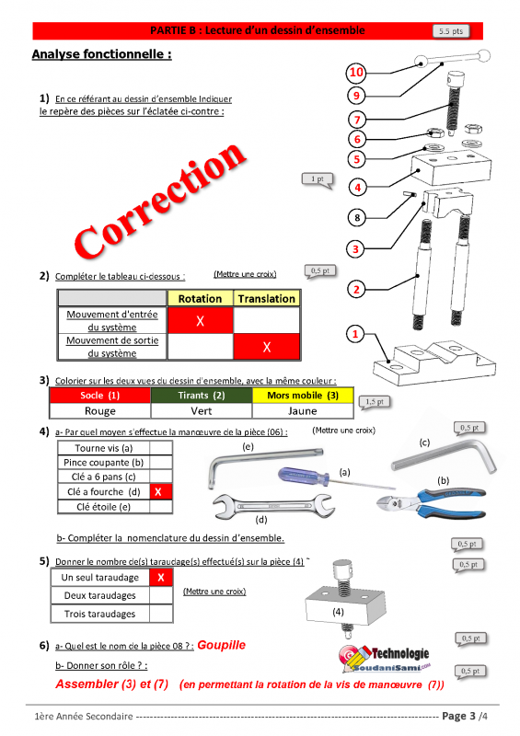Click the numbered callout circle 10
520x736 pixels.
[x=356, y=73]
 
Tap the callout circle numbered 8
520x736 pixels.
[x=357, y=217]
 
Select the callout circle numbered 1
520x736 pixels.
[x=355, y=334]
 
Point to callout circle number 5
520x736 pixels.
[x=356, y=159]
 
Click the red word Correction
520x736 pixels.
[x=160, y=201]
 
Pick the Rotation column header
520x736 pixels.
[x=200, y=298]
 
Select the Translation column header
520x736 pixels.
[x=266, y=298]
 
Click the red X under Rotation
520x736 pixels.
[x=200, y=321]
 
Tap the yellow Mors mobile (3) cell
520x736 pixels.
[x=303, y=396]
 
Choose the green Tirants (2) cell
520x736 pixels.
[x=202, y=396]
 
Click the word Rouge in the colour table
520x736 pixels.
[x=100, y=410]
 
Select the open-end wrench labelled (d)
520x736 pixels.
[x=273, y=506]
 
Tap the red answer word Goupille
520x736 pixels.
[x=221, y=645]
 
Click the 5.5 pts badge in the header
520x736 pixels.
[x=451, y=31]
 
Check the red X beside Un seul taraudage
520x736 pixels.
[x=161, y=578]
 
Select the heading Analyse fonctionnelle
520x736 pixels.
[x=102, y=54]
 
